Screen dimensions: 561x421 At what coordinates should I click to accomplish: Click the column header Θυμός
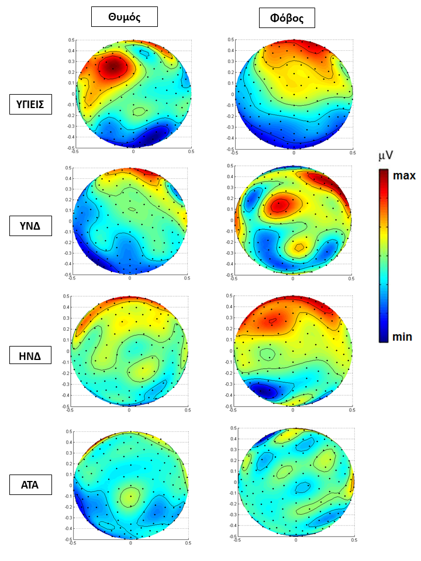[x=125, y=18]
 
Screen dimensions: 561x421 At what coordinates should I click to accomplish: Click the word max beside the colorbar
[x=404, y=175]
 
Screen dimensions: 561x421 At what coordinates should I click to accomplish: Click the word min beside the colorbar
[x=402, y=337]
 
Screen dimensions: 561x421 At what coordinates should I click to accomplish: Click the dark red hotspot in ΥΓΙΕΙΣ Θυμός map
[x=113, y=68]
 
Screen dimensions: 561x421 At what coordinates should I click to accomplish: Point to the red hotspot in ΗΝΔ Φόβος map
[x=272, y=320]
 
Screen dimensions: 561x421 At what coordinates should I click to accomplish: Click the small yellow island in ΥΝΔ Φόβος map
[x=299, y=247]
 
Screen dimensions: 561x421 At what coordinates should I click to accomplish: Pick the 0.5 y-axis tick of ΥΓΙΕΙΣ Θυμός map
[x=71, y=40]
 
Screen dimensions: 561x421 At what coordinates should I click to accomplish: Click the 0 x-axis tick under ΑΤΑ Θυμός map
[x=130, y=543]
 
